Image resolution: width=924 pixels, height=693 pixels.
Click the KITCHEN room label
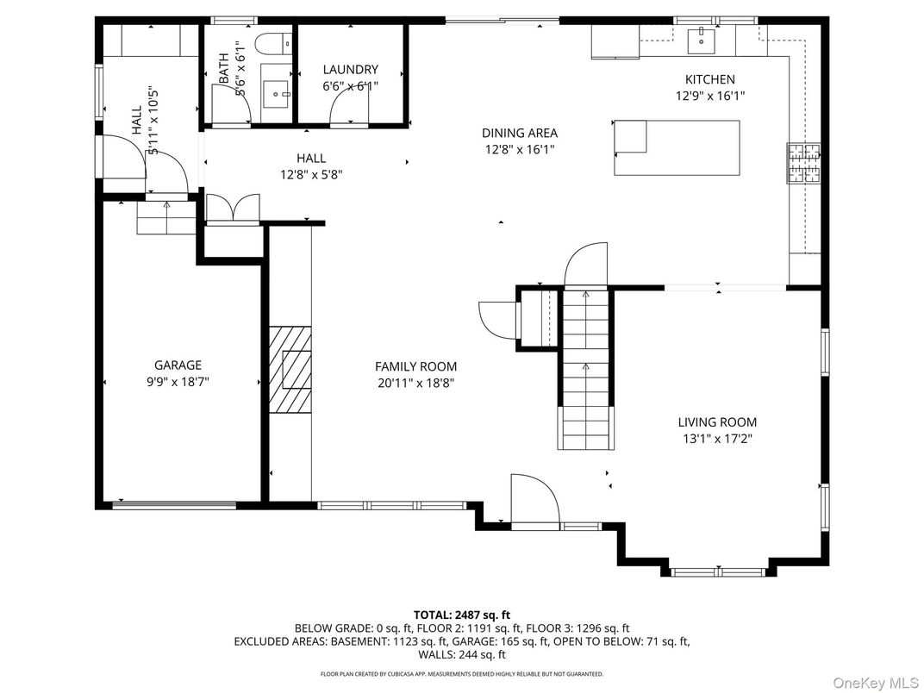click(x=709, y=79)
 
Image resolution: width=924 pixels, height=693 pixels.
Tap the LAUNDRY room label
click(x=350, y=70)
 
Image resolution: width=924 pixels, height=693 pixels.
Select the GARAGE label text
click(x=178, y=365)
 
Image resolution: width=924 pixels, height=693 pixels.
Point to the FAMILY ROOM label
click(x=415, y=366)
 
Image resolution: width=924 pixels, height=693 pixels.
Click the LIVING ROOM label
click(x=717, y=422)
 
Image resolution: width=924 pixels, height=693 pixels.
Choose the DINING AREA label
click(x=519, y=133)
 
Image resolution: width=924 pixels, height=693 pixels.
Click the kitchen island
click(x=677, y=148)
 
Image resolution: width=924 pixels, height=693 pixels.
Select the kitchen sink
click(x=702, y=37)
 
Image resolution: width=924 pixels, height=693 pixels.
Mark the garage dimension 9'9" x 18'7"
click(x=178, y=381)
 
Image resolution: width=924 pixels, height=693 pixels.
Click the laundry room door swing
click(x=348, y=109)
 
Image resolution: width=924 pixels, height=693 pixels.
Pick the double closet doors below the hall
click(x=233, y=209)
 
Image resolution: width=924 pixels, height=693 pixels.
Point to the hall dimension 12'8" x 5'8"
click(x=311, y=173)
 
